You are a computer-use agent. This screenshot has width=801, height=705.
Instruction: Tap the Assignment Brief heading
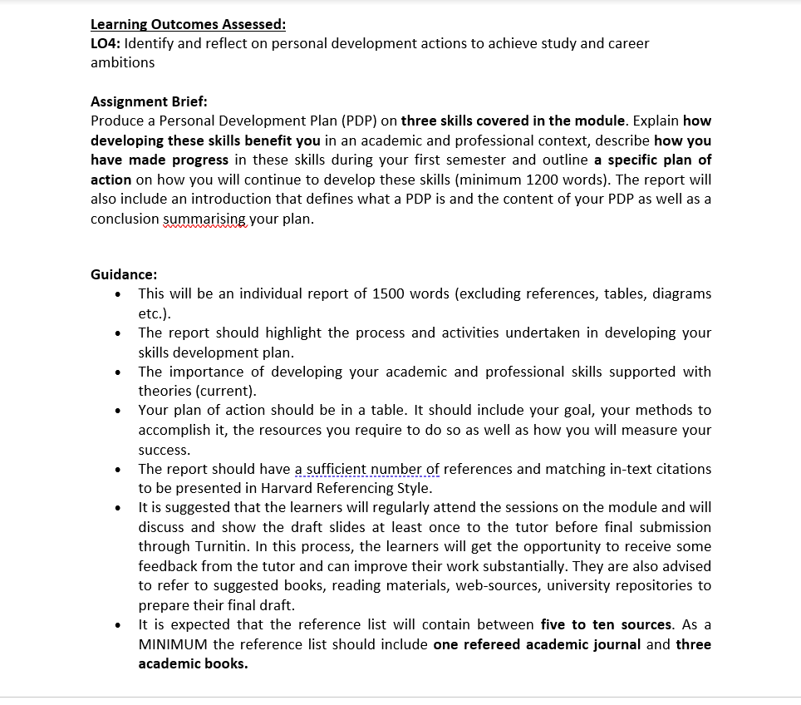click(149, 101)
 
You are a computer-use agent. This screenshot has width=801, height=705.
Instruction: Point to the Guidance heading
click(124, 274)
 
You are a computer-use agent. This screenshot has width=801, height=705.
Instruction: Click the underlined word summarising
click(204, 219)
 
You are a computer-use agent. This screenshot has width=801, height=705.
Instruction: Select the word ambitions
click(122, 62)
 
